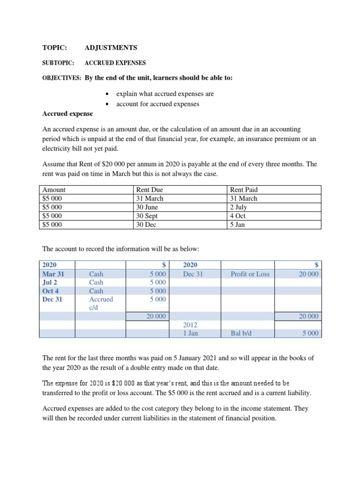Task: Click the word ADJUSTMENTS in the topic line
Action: click(111, 48)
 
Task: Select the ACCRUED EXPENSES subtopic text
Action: click(115, 63)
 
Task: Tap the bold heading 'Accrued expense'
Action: click(67, 113)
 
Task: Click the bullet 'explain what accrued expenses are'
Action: click(165, 94)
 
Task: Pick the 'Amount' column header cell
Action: click(54, 190)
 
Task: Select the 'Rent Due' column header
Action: click(149, 190)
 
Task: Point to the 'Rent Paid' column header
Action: click(244, 190)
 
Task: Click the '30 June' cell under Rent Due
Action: click(147, 207)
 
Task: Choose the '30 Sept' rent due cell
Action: click(147, 216)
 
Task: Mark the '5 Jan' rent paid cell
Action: click(238, 225)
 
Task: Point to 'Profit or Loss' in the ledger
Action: click(250, 274)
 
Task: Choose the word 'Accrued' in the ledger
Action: click(101, 299)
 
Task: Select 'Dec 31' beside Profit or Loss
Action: click(193, 274)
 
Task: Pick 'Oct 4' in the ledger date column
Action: click(51, 291)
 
